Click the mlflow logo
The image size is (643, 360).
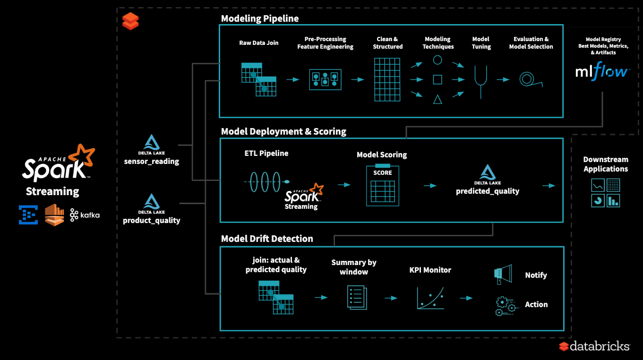[602, 72]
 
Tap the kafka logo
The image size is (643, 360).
[85, 215]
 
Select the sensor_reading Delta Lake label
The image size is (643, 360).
[151, 161]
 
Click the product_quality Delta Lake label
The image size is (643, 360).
[151, 220]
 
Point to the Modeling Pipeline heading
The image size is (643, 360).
[260, 18]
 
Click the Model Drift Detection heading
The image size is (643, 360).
[267, 239]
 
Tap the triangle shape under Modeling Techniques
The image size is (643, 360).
[437, 99]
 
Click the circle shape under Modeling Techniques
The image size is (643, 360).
[437, 60]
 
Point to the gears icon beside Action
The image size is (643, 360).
[505, 305]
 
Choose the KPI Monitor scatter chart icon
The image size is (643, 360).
[430, 298]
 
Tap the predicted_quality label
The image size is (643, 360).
[488, 191]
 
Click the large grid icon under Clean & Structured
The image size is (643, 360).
[387, 79]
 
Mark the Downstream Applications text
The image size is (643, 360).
[605, 164]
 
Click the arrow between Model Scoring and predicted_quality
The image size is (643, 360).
[429, 186]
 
